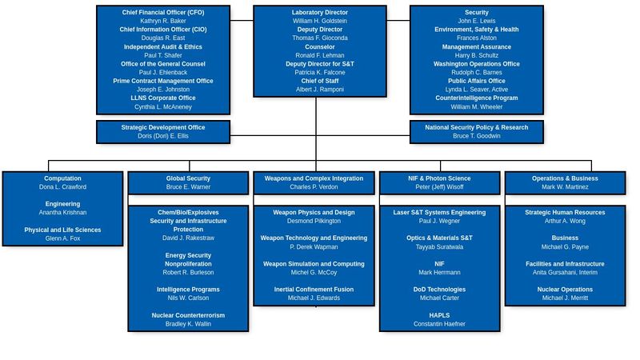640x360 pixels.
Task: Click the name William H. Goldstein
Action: (x=319, y=21)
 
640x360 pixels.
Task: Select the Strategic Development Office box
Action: (x=163, y=132)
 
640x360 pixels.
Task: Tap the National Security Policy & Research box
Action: (x=476, y=132)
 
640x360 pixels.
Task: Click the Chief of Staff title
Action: (x=319, y=81)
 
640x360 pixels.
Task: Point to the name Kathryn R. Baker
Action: (x=163, y=21)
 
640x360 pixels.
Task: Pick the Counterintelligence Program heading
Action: (x=476, y=98)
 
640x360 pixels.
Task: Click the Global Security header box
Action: (x=188, y=182)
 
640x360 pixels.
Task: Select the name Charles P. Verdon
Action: (x=314, y=187)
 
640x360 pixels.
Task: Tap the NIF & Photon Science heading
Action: (x=439, y=178)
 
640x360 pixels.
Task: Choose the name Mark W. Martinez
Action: (x=565, y=187)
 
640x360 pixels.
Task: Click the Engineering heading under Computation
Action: (x=62, y=204)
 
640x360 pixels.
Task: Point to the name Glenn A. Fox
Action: (x=62, y=238)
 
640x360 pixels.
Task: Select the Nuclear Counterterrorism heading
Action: (x=188, y=315)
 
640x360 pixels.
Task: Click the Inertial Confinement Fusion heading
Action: (x=314, y=290)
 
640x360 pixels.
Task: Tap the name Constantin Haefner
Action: (x=439, y=324)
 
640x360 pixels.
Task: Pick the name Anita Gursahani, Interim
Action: (x=565, y=273)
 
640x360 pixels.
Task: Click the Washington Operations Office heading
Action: (x=476, y=64)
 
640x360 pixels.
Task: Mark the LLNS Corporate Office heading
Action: (x=163, y=98)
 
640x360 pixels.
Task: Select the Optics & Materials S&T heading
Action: (x=439, y=238)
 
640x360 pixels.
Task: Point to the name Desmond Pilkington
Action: (x=314, y=221)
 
